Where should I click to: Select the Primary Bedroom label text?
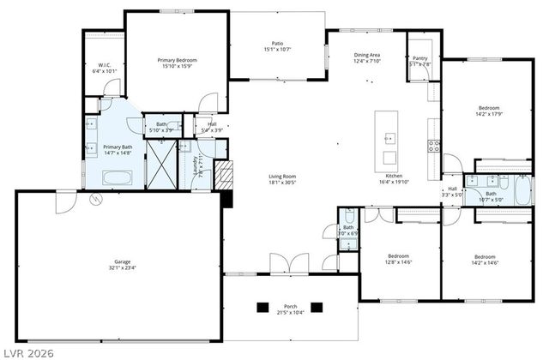(x=178, y=61)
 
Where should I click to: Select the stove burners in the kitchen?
(x=434, y=145)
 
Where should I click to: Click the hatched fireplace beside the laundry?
(x=224, y=176)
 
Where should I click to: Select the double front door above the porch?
(x=285, y=263)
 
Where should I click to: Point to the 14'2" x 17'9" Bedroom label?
(x=488, y=110)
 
